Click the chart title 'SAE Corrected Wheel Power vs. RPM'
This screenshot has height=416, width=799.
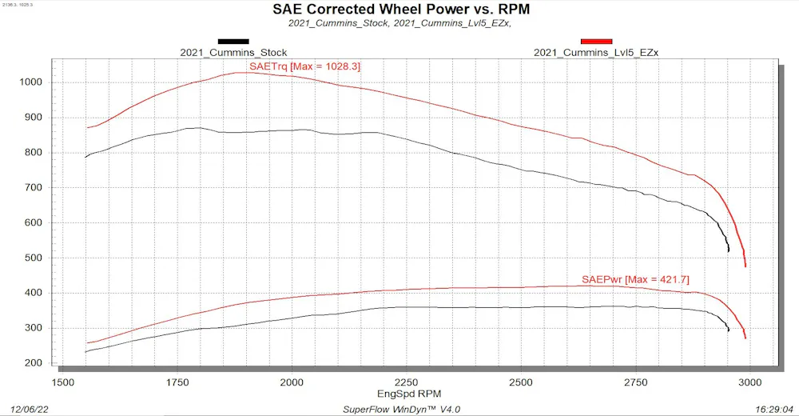tap(401, 9)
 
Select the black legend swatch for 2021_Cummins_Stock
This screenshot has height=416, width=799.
tap(233, 42)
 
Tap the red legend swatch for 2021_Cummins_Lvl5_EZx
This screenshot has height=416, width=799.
tap(596, 42)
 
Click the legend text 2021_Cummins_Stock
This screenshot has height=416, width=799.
tap(233, 53)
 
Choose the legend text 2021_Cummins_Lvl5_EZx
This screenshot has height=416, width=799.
tap(596, 53)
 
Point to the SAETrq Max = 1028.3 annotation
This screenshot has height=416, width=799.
tap(304, 66)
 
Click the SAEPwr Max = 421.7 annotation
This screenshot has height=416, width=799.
tap(635, 280)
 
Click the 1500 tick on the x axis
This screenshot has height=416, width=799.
tap(62, 382)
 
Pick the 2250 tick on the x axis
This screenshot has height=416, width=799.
tap(406, 382)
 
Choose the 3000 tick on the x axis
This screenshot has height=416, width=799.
tap(749, 382)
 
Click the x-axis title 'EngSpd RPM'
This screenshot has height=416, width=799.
tap(409, 394)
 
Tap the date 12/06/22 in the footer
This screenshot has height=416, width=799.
tap(30, 410)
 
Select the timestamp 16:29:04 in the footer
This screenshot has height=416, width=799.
tap(775, 410)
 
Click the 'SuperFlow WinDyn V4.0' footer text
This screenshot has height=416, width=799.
tap(402, 410)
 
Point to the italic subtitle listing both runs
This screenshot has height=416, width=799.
tap(400, 23)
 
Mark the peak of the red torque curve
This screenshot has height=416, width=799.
tap(244, 73)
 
